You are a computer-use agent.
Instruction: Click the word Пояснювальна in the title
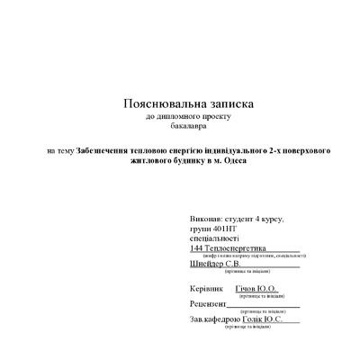click(155, 104)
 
